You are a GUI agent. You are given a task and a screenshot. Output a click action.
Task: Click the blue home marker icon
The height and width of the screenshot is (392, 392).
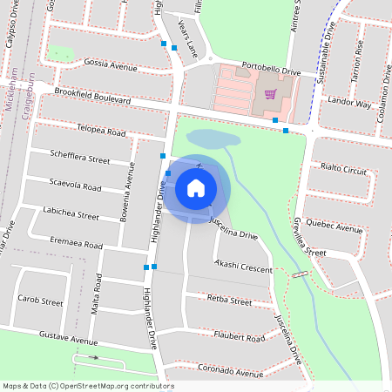point(196,188)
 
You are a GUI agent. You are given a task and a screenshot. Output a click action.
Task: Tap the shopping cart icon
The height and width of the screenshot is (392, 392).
point(271,93)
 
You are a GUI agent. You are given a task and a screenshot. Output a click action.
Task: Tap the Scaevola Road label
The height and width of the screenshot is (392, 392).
point(76,186)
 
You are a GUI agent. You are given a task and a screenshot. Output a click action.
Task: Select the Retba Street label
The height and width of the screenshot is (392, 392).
point(230,301)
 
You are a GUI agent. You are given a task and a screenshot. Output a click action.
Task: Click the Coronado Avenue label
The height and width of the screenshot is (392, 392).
point(230,371)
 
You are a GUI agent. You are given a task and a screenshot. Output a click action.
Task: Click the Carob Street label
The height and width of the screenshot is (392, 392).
point(40,301)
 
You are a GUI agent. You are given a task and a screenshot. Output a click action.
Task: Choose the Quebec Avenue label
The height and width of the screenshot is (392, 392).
point(336,224)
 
